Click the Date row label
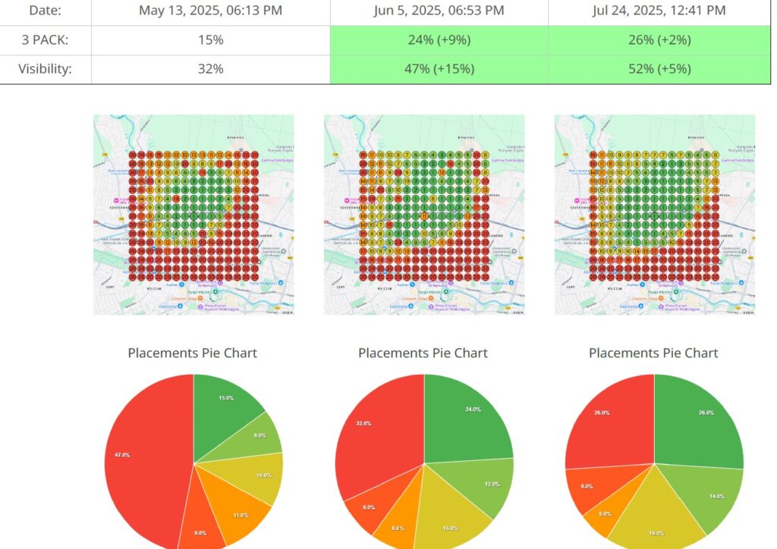pos(45,11)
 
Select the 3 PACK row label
pos(45,39)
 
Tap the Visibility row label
pos(45,69)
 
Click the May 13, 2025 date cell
pos(211,11)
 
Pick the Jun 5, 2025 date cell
pos(439,11)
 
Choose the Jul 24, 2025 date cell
pos(659,11)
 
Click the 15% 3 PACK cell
pos(211,39)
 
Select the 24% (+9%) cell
pos(439,39)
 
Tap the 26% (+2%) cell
pos(659,39)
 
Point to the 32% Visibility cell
pos(211,69)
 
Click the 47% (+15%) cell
pos(439,69)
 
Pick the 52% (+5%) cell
pos(659,69)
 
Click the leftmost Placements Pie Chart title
pos(192,353)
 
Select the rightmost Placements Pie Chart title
pos(653,353)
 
